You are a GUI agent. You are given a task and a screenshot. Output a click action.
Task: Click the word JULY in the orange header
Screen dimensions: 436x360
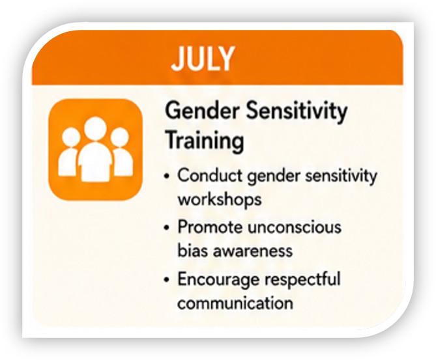(203, 59)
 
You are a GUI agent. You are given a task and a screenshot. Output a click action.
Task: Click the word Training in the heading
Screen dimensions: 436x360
(205, 141)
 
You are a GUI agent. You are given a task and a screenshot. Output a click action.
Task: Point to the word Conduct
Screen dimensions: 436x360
(210, 176)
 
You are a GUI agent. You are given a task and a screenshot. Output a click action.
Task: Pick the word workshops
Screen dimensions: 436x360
(220, 199)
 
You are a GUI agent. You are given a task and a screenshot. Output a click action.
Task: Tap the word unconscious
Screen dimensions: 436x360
(295, 227)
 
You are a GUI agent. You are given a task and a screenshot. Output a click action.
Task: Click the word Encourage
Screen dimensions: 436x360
(218, 279)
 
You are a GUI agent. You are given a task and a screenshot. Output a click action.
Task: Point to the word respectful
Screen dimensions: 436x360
(303, 279)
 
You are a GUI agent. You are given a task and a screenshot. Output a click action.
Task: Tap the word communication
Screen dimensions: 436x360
(235, 303)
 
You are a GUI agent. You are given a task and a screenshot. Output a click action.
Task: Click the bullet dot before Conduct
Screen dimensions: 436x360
(167, 176)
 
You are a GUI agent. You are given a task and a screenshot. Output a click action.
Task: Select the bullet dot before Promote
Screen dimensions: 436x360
(167, 228)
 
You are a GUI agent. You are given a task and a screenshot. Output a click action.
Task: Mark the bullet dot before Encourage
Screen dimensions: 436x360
(167, 279)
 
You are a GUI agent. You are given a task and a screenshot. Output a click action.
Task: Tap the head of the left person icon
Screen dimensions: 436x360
(71, 137)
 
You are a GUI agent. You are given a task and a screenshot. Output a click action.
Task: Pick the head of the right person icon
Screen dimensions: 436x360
(120, 137)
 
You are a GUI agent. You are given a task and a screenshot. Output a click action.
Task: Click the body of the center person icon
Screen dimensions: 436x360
(95, 162)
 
